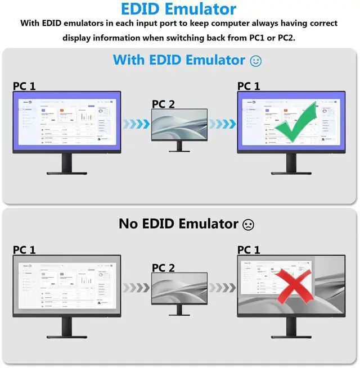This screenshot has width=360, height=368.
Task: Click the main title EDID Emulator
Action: pos(179,9)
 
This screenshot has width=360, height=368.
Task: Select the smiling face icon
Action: pos(255,61)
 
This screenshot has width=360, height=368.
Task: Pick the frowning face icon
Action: pos(247,224)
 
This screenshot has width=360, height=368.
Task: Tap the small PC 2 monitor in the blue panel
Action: pos(179,125)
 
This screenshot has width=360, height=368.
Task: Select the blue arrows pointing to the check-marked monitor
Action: pos(222,124)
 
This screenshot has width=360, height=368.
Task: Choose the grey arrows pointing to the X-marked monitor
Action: pos(222,288)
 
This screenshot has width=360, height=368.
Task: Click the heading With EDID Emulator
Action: pos(179,60)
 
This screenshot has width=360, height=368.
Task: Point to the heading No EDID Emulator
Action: pos(177,224)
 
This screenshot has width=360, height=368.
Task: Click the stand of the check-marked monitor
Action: pos(291,165)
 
